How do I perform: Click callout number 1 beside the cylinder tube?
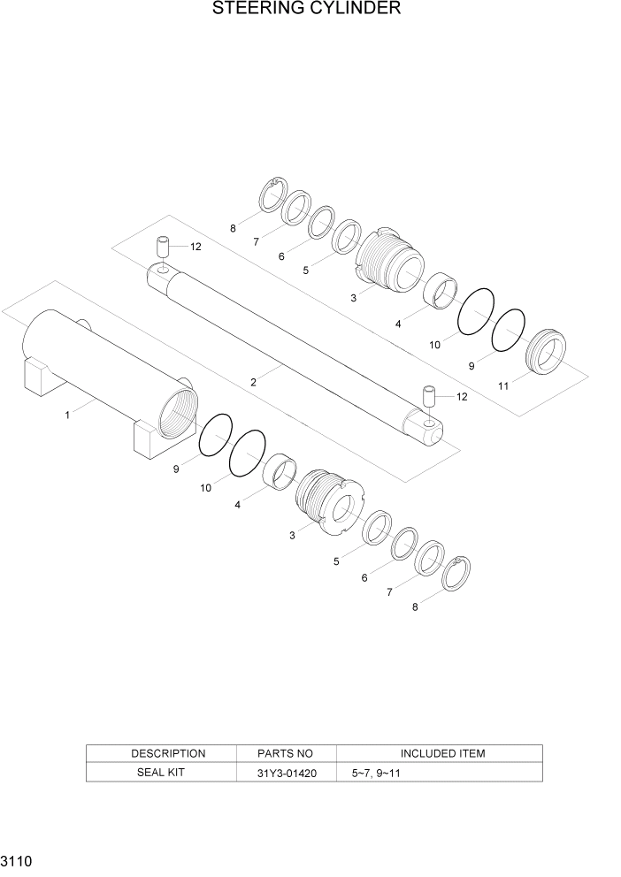click(x=68, y=414)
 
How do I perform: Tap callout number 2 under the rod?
click(x=254, y=382)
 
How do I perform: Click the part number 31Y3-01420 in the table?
click(x=286, y=772)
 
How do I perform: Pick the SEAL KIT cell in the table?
click(x=161, y=772)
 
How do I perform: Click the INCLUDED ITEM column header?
click(x=442, y=753)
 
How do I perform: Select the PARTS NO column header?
click(x=286, y=753)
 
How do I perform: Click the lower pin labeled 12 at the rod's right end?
click(x=430, y=395)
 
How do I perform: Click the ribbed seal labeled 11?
click(x=547, y=352)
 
